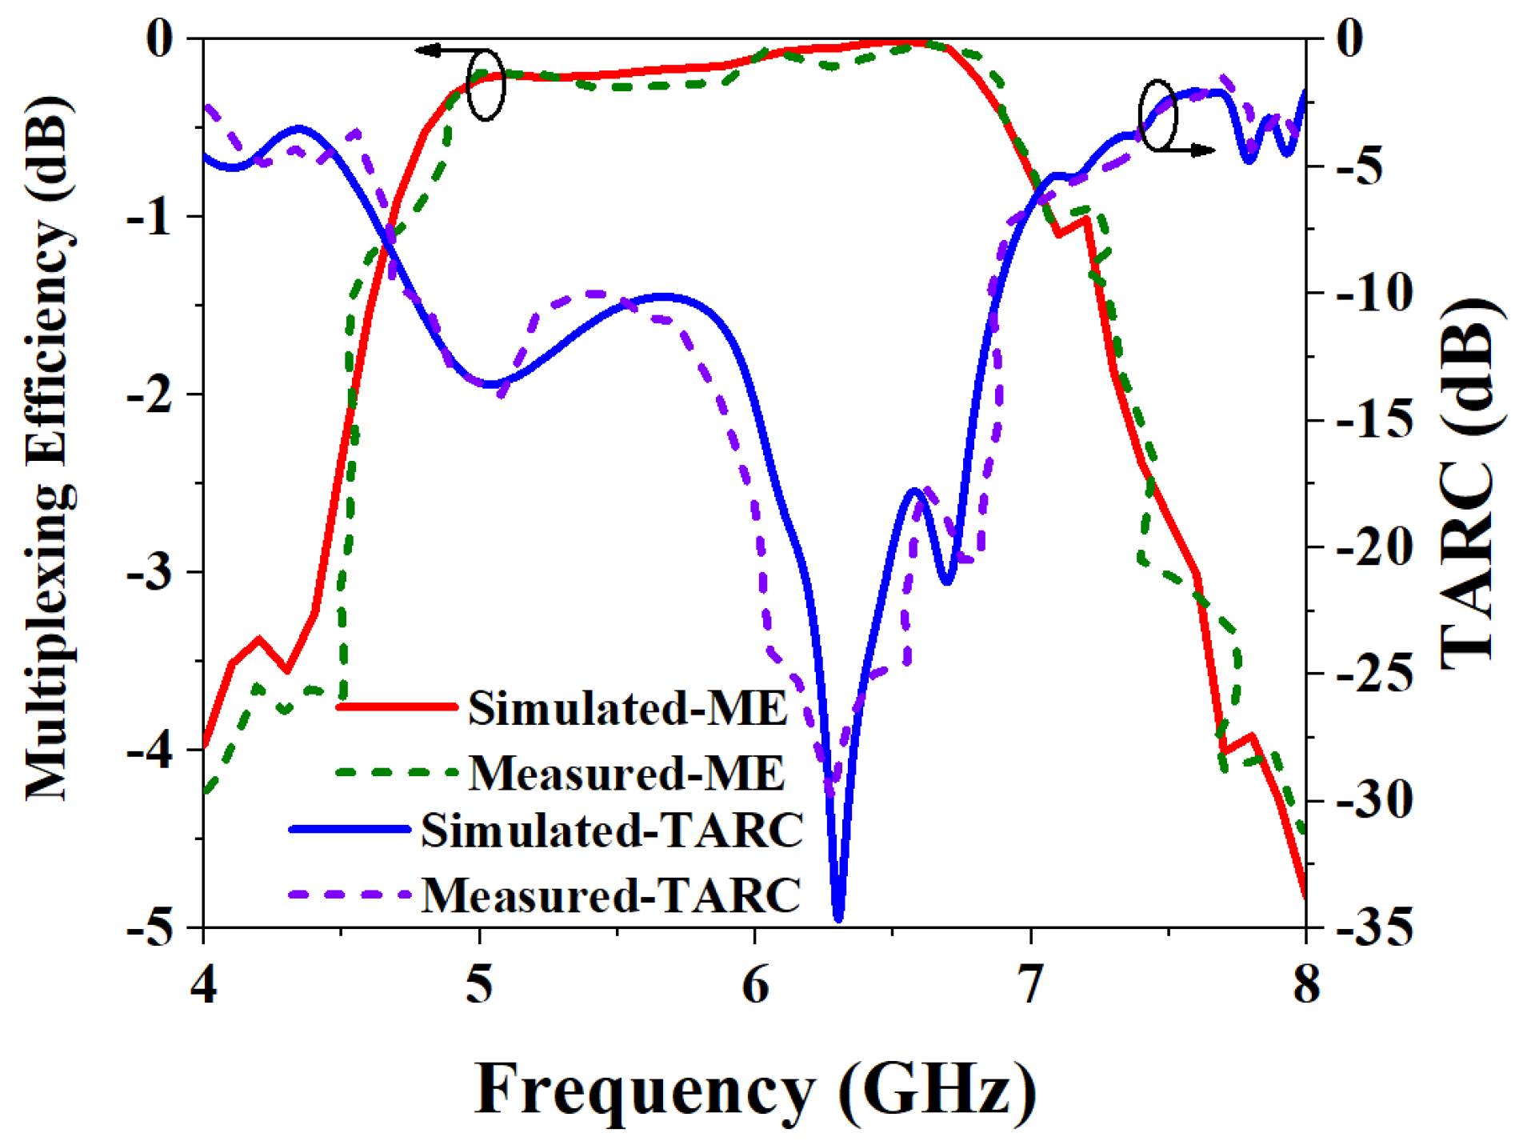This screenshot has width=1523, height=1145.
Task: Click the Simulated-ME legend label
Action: pos(628,708)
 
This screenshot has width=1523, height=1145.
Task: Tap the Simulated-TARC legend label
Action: pos(612,830)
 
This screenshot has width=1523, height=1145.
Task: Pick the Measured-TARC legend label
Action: pos(611,895)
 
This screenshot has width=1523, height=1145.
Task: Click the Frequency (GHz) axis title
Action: pos(755,1091)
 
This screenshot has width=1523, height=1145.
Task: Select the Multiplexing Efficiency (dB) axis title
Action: pos(50,448)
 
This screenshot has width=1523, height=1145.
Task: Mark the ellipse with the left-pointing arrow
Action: pos(486,86)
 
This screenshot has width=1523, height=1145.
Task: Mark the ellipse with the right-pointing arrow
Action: pos(1158,115)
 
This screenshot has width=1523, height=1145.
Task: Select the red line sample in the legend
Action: pos(397,707)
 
